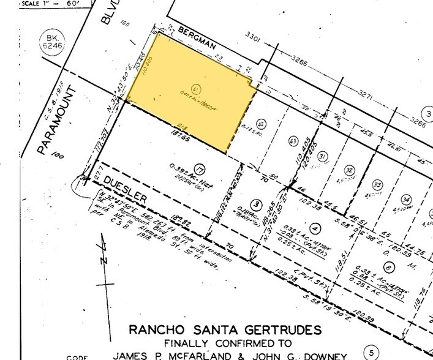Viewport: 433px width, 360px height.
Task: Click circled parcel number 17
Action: [198, 168]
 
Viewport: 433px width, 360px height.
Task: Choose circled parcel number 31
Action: [323, 156]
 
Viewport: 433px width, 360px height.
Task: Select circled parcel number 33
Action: [377, 185]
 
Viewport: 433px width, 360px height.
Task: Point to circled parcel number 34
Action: [405, 199]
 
